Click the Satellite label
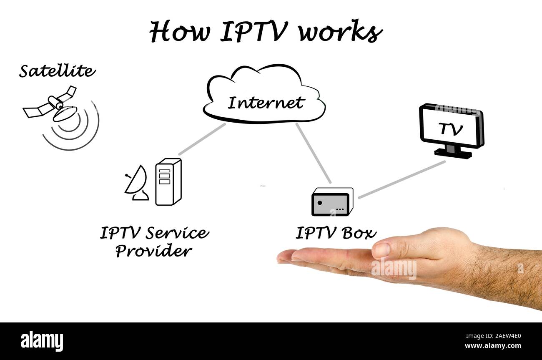pyautogui.click(x=57, y=71)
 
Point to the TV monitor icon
pyautogui.click(x=451, y=126)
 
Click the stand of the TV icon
pyautogui.click(x=453, y=152)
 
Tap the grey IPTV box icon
pyautogui.click(x=332, y=202)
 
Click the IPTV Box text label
pyautogui.click(x=336, y=233)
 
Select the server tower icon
pyautogui.click(x=168, y=182)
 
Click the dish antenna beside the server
pyautogui.click(x=136, y=184)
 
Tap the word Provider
pyautogui.click(x=153, y=251)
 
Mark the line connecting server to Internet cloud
pyautogui.click(x=202, y=139)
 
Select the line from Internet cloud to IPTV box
pyautogui.click(x=313, y=153)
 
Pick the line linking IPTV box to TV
pyautogui.click(x=401, y=180)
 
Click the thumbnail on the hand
pyautogui.click(x=381, y=250)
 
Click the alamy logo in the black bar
pyautogui.click(x=42, y=341)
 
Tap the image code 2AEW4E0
pyautogui.click(x=500, y=336)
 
